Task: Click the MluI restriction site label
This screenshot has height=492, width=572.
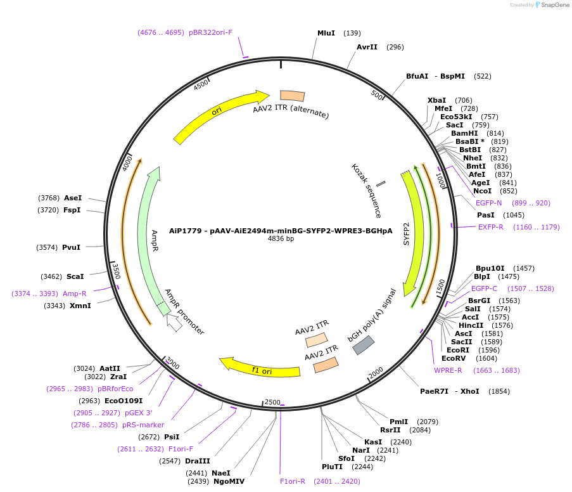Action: tap(326, 33)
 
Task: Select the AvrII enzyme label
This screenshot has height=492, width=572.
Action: tap(367, 47)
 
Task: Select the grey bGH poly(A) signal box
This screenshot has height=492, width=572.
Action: tap(363, 345)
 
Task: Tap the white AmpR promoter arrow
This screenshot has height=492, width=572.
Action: tap(174, 323)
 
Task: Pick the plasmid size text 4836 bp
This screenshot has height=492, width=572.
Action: tap(281, 239)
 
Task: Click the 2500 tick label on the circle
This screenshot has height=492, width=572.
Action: tap(272, 402)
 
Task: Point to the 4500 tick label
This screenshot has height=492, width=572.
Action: tap(201, 85)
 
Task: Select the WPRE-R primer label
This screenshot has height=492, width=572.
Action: tap(448, 370)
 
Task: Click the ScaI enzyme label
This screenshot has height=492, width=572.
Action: tap(75, 276)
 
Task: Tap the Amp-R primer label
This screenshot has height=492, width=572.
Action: tap(74, 294)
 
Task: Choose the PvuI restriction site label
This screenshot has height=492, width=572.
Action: tap(72, 247)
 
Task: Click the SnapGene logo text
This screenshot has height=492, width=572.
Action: tap(553, 5)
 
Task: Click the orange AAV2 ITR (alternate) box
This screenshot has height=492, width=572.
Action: tap(292, 96)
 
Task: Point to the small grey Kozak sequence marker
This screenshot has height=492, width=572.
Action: tap(381, 184)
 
